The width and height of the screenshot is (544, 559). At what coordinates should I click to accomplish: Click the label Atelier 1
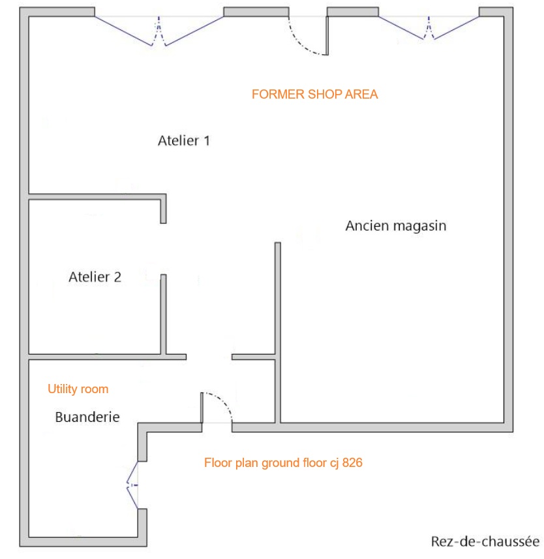coord(184,141)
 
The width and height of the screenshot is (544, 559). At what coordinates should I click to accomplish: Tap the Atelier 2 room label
coord(95,277)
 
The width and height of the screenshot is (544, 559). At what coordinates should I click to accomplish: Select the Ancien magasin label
coord(395,226)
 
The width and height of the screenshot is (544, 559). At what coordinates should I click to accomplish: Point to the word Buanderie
coord(87,417)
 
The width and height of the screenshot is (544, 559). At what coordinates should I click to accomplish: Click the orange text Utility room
coord(78,389)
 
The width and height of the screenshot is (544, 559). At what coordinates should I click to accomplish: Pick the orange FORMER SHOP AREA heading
coord(314,95)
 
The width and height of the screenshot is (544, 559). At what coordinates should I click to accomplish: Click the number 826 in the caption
coord(352,463)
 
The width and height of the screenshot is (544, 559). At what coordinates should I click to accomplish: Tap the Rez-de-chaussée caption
coord(485,541)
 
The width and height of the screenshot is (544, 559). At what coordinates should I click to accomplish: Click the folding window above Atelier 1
coord(159,31)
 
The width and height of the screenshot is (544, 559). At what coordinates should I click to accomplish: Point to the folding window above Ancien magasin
coord(429,28)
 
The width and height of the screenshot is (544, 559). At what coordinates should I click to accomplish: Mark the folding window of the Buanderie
coord(132,485)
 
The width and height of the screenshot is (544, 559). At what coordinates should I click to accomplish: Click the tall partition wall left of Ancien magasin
coord(278,332)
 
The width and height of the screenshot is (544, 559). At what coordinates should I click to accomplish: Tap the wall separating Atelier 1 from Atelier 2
coord(97,197)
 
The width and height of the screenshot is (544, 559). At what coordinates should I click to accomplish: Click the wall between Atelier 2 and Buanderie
coord(107,357)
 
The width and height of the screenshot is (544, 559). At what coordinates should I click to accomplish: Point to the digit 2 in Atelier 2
coord(117,277)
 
